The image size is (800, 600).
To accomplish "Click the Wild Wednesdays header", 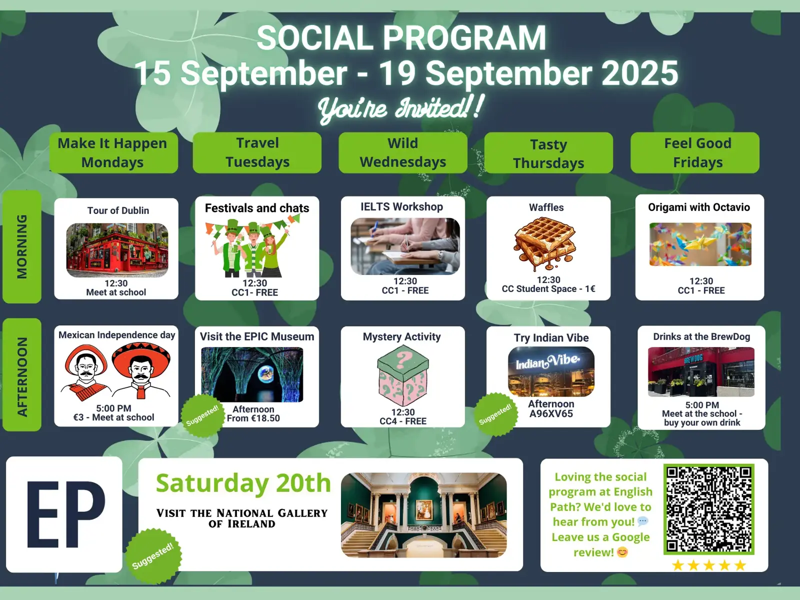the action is (402, 152).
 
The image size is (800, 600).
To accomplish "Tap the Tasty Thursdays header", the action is (548, 153).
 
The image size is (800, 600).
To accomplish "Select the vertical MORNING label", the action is (22, 246).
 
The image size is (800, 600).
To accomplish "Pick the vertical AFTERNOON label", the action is (22, 375).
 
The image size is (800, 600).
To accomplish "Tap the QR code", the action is (708, 509).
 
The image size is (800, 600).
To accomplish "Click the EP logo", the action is (64, 514).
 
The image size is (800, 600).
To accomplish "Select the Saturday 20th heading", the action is (243, 483).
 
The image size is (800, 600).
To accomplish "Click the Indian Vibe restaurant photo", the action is (551, 371).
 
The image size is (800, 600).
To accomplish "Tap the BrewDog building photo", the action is (701, 372).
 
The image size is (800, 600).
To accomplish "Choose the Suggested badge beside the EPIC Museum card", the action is (202, 415).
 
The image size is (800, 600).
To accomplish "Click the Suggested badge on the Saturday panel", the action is (153, 555).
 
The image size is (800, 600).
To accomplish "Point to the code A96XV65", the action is (551, 414).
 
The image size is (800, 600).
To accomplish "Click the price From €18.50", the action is (253, 418).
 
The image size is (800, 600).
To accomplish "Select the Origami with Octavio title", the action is (698, 207).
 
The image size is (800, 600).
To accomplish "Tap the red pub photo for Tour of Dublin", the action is (117, 250).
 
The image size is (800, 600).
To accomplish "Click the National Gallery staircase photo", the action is (424, 515).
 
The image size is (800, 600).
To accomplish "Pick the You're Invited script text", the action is (401, 108).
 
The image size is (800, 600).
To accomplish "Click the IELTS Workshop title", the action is (401, 206).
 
